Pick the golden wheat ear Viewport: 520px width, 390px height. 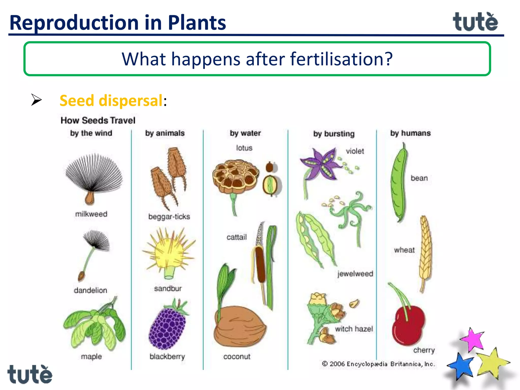coord(425,251)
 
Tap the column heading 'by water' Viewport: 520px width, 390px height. coord(245,133)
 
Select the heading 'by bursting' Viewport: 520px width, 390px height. coord(334,134)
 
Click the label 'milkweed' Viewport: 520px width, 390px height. coord(91,214)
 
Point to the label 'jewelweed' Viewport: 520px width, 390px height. coord(355,274)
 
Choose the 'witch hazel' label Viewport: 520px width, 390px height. coord(354,329)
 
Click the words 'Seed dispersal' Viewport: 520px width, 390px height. coord(111,101)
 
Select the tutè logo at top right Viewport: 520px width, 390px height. coord(475,22)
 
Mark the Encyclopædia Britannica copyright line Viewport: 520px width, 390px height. coord(378,364)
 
